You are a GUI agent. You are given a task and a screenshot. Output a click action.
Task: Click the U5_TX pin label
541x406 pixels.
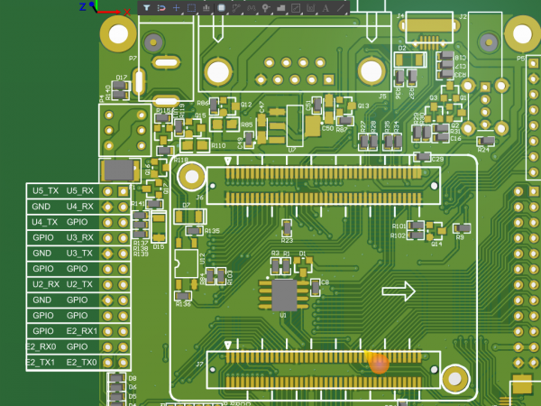44,191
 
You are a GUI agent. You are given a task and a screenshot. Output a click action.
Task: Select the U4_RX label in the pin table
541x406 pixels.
80,207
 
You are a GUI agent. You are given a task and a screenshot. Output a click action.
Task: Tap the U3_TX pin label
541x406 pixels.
80,254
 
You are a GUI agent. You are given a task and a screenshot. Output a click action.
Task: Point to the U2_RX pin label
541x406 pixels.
44,284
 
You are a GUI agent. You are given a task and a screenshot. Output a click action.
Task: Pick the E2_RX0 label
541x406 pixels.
41,346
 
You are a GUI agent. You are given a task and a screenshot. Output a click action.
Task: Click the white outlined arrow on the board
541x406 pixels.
399,291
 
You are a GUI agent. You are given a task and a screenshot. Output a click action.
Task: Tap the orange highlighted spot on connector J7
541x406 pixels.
379,363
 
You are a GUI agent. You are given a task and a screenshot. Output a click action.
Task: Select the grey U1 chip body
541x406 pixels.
285,294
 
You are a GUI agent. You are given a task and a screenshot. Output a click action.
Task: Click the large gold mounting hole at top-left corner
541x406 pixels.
118,35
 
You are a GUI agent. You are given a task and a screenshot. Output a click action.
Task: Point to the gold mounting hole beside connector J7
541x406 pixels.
454,378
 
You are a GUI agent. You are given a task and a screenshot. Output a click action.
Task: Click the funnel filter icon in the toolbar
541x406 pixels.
146,7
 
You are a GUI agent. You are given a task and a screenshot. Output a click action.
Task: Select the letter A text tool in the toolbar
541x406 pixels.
325,7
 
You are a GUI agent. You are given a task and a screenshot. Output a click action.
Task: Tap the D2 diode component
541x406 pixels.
410,59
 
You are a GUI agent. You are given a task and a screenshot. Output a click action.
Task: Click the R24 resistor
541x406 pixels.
485,141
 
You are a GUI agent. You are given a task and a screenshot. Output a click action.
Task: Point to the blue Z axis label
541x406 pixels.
82,6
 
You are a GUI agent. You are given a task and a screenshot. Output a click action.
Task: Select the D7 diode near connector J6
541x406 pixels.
192,217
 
